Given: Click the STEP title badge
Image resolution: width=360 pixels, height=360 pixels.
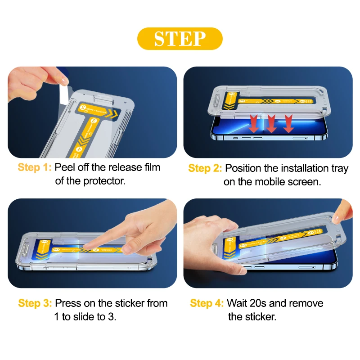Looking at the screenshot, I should tap(180, 39).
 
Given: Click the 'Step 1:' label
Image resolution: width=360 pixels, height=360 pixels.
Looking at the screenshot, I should tap(35, 168).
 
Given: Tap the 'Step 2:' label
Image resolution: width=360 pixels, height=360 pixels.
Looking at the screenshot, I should tap(205, 169).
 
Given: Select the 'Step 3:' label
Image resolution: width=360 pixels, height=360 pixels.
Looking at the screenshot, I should tap(35, 303).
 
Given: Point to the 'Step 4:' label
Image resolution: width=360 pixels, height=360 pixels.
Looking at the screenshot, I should tap(207, 303).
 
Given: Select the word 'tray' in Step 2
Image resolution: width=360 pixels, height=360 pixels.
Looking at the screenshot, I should tap(338, 169).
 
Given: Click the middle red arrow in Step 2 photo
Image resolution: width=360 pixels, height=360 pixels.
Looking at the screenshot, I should tap(271, 123).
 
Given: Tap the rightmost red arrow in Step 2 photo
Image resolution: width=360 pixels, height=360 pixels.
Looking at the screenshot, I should tap(288, 124).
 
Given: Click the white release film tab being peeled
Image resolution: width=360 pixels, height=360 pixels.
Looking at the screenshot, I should tap(64, 94).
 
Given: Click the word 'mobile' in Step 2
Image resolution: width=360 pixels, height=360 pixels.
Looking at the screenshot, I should tap(273, 182).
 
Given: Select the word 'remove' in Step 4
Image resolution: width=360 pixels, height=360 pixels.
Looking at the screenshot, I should tap(306, 303).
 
